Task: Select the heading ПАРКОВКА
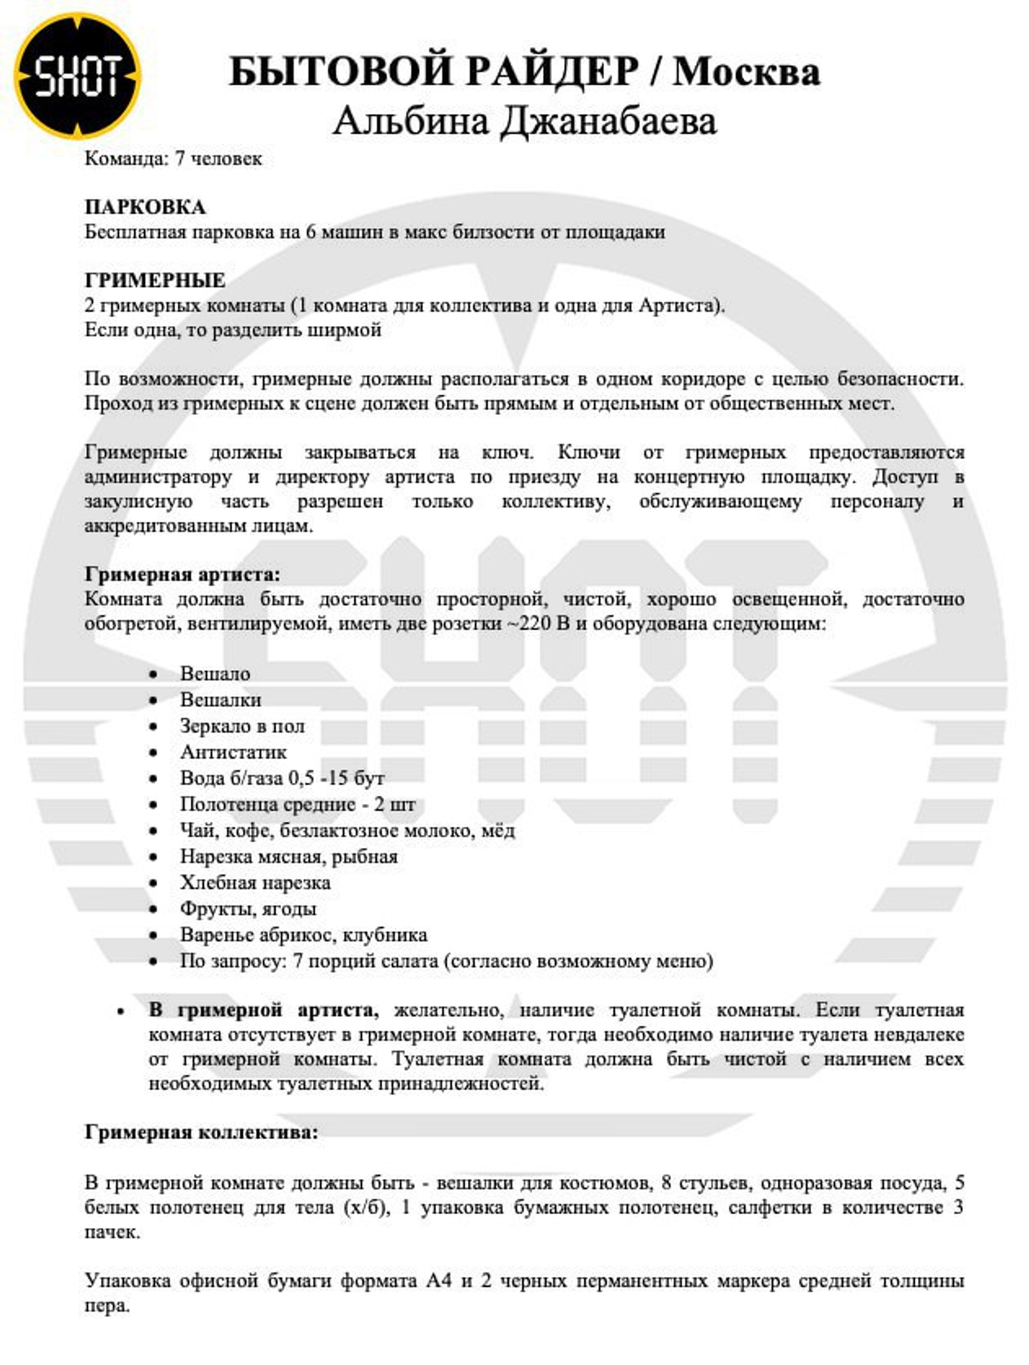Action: coord(145,207)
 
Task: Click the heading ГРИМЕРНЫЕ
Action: coord(155,281)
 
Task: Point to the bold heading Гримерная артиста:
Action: coord(183,575)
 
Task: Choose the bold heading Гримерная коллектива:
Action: coord(201,1133)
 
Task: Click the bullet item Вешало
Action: coord(214,673)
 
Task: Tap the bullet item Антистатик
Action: coord(233,752)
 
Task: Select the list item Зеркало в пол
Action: coord(242,726)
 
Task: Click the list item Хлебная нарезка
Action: coord(255,882)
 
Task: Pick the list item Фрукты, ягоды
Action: coord(248,908)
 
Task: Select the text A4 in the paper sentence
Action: coord(439,1280)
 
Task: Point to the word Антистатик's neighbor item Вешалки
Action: coord(220,700)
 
